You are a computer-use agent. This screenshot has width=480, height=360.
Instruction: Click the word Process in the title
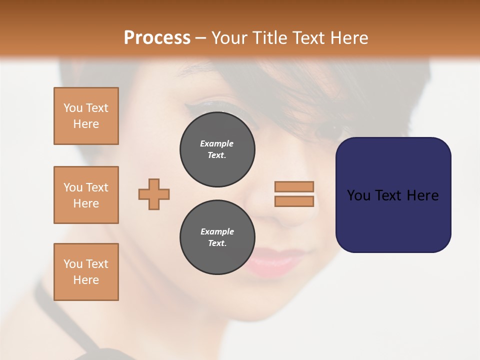click(157, 38)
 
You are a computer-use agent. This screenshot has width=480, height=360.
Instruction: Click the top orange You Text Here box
click(86, 116)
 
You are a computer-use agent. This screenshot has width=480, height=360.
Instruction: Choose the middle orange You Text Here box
click(86, 195)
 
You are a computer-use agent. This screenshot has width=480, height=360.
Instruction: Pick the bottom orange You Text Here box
click(86, 272)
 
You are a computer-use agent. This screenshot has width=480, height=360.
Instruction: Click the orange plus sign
click(154, 194)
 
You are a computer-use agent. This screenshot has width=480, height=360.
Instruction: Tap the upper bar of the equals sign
click(294, 187)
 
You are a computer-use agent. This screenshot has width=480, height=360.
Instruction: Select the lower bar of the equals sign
click(294, 201)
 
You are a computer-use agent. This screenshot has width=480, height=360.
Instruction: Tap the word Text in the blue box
click(390, 195)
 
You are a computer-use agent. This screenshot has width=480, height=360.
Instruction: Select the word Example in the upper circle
click(217, 143)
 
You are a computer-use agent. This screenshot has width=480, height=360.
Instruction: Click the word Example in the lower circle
click(217, 231)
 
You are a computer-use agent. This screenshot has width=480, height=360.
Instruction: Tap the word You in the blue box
click(358, 195)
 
